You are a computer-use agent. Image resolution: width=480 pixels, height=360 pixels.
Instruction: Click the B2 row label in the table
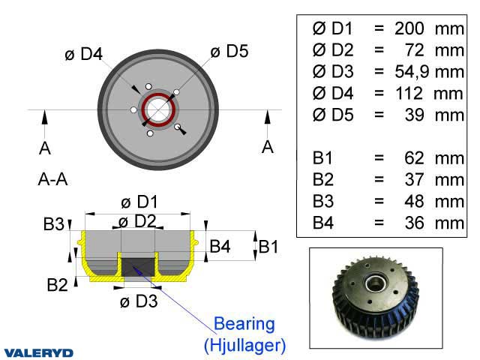click(325, 180)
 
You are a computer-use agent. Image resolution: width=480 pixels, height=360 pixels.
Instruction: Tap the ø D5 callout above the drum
click(229, 51)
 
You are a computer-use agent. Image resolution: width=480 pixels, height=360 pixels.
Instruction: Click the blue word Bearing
click(244, 324)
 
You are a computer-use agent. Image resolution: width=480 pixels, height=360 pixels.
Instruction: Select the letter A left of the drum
click(45, 148)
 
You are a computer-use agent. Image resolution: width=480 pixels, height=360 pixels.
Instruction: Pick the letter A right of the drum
click(268, 147)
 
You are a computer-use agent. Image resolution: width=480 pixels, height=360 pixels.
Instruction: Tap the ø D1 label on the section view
click(139, 202)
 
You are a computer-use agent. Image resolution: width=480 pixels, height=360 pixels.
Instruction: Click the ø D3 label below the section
click(139, 301)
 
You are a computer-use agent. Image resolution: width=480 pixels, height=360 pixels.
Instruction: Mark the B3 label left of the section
click(53, 223)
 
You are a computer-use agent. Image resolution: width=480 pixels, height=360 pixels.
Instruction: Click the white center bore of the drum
click(158, 109)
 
